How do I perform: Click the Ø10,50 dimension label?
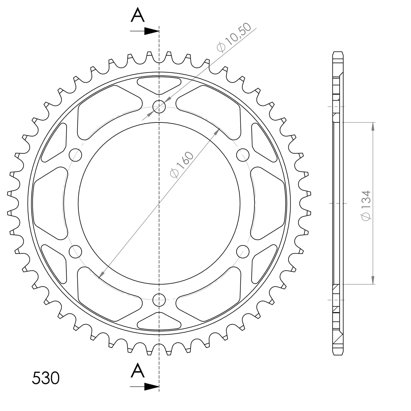pos(234,37)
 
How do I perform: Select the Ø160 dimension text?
pos(182,165)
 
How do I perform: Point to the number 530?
pos(46,378)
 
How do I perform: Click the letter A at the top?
pos(138,15)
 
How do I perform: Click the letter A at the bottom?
pos(138,370)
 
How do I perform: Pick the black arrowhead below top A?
pos(152,31)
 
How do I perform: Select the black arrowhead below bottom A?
pos(152,386)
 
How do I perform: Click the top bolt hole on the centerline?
pos(159,107)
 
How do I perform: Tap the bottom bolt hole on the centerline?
pos(159,300)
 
